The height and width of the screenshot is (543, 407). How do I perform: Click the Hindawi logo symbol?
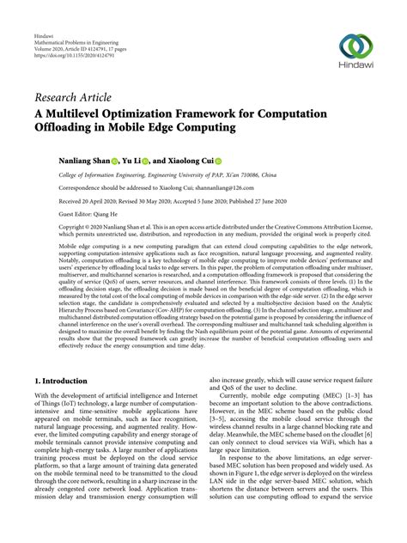(x=357, y=47)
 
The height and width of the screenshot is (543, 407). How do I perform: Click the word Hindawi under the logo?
(x=357, y=71)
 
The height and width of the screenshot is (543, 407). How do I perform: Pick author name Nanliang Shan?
(x=89, y=160)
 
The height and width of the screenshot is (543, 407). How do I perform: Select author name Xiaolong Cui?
(x=191, y=160)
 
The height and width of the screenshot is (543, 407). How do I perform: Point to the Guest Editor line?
(x=92, y=215)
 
